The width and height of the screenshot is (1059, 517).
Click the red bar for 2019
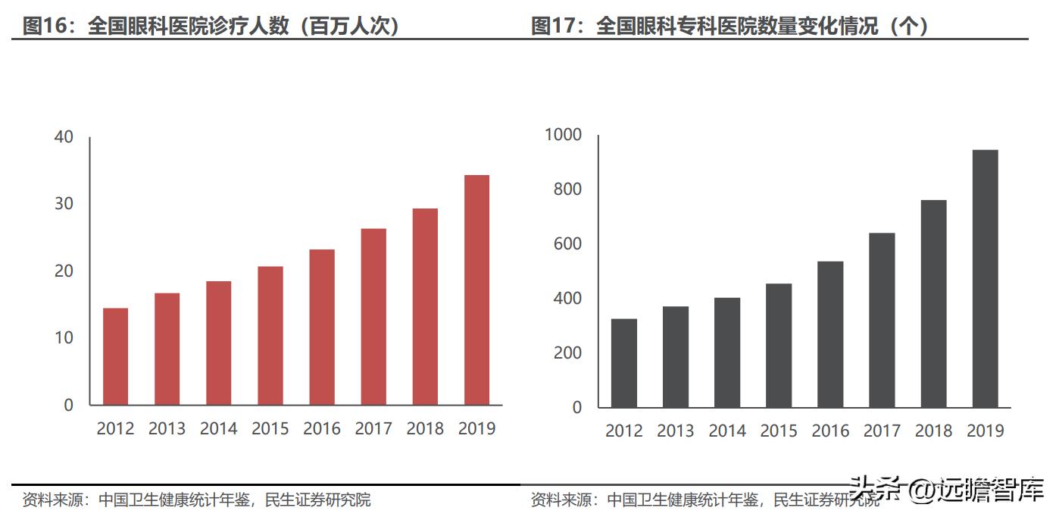(476, 290)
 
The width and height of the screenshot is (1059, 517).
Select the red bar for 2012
(115, 356)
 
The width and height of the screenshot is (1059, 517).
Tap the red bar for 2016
(322, 327)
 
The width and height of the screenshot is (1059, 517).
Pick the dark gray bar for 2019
(985, 278)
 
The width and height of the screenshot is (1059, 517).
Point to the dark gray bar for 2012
(623, 363)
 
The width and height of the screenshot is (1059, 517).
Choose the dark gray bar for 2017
(882, 320)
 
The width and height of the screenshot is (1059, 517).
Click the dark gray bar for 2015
(779, 346)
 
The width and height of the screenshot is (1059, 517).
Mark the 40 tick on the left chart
(64, 137)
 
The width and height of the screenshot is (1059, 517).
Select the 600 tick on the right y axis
(567, 244)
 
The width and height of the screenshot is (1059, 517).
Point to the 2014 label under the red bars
(218, 428)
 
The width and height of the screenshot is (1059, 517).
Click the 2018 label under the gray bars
(933, 431)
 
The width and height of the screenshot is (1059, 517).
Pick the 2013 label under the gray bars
(675, 431)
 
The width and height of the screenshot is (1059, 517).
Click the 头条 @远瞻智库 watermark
(947, 490)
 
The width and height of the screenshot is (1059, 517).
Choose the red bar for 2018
(425, 306)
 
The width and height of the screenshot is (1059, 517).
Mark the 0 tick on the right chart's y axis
(576, 407)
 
